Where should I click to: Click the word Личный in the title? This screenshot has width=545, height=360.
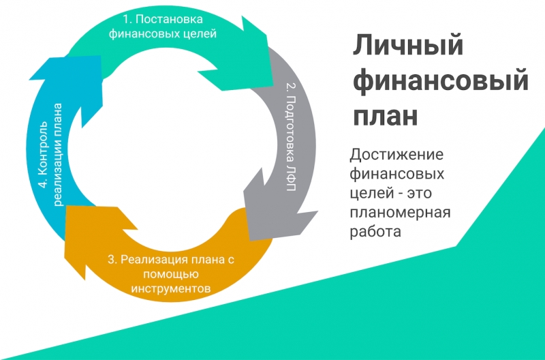[408, 47]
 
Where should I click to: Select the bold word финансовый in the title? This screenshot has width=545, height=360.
[440, 82]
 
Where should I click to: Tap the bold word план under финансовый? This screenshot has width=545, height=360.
[386, 116]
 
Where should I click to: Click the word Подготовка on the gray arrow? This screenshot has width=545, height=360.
[290, 129]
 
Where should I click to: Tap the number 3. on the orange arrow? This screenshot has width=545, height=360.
[112, 259]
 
